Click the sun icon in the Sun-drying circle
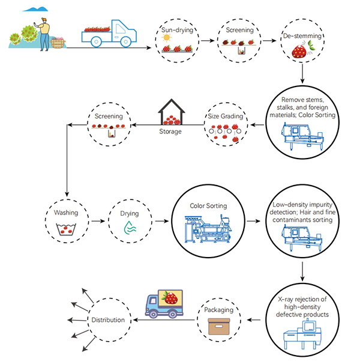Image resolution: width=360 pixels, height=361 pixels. point(166,38)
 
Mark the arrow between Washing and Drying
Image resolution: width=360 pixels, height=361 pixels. point(97,221)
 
